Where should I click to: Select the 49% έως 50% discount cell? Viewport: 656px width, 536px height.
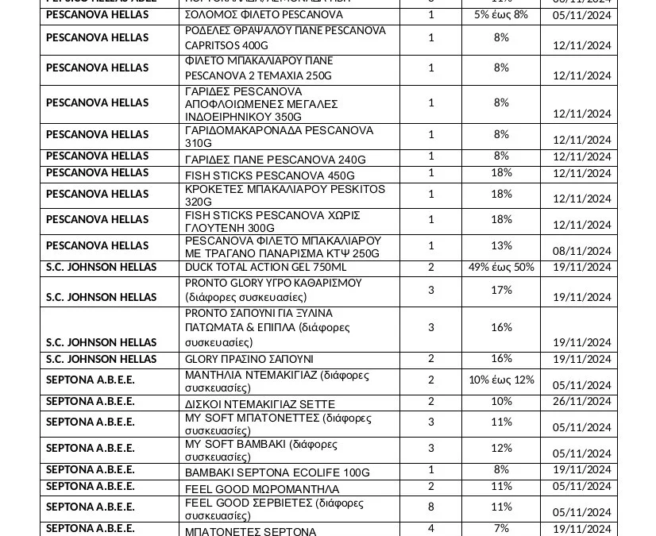pyautogui.click(x=501, y=268)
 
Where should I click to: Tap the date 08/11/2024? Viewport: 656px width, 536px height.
pyautogui.click(x=582, y=252)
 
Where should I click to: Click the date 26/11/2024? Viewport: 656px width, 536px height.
pyautogui.click(x=582, y=402)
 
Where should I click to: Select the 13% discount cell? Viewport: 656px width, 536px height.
pyautogui.click(x=501, y=245)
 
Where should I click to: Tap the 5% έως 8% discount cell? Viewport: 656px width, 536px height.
pyautogui.click(x=501, y=15)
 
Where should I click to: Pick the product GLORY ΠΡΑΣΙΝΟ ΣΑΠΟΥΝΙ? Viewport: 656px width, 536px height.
pyautogui.click(x=249, y=360)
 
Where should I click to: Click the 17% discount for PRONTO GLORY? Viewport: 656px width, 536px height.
pyautogui.click(x=501, y=291)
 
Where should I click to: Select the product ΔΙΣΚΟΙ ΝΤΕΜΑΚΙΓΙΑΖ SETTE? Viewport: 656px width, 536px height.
pyautogui.click(x=260, y=404)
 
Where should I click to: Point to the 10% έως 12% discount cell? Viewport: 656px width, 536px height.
pyautogui.click(x=501, y=380)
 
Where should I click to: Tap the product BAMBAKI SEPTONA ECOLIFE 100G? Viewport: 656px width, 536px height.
pyautogui.click(x=277, y=472)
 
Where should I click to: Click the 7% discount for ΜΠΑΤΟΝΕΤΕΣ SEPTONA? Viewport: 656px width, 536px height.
pyautogui.click(x=501, y=529)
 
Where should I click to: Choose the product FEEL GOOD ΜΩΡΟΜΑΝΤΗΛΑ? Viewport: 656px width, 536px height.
pyautogui.click(x=262, y=488)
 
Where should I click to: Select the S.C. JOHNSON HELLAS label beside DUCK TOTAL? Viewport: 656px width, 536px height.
pyautogui.click(x=101, y=268)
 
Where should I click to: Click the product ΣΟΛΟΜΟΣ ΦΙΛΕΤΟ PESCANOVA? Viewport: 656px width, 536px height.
pyautogui.click(x=264, y=15)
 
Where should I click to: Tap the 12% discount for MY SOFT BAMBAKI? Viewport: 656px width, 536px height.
pyautogui.click(x=501, y=449)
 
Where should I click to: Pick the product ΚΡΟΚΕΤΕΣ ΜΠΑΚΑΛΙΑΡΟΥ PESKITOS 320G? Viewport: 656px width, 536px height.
pyautogui.click(x=285, y=195)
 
